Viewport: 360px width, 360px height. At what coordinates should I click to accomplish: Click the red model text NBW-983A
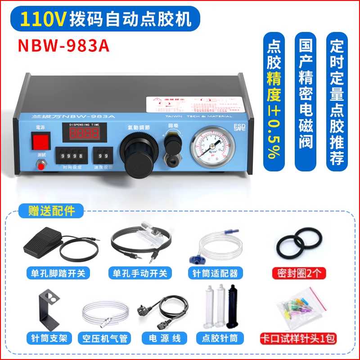coord(63,47)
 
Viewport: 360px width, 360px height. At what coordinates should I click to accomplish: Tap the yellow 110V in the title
coord(44,18)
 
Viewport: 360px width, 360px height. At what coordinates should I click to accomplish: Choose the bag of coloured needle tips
coord(299,308)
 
